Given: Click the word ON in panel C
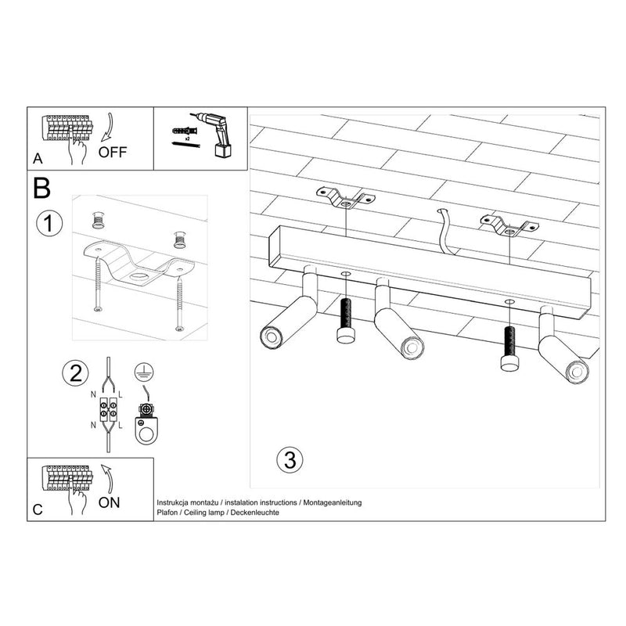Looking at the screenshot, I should (x=110, y=502).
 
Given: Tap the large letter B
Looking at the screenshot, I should (x=42, y=188).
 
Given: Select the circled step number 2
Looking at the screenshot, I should (x=75, y=373).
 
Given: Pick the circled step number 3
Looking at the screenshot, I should (x=289, y=459).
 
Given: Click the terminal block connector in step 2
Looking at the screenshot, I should (x=107, y=408).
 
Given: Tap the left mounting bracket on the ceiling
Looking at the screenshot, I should (x=345, y=199).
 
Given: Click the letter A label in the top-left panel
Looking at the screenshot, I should (x=38, y=159).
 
